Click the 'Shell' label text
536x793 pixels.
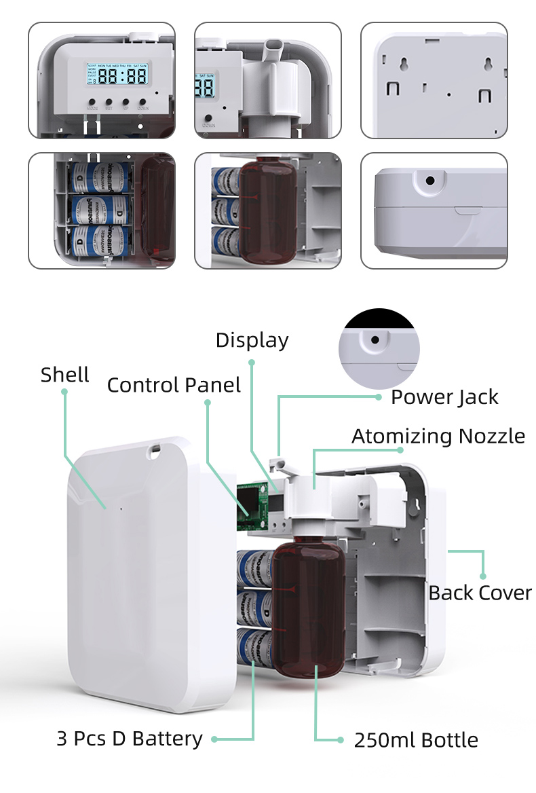point(64,375)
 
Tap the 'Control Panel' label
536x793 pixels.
point(174,386)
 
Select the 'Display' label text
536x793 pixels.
point(252,340)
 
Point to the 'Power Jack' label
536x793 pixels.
point(444,397)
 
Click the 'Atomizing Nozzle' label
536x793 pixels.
point(438,436)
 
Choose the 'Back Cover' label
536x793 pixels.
point(480,593)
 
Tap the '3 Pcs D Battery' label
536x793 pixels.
point(129,739)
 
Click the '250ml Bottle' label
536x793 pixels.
point(415,740)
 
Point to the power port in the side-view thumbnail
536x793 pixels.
point(429,181)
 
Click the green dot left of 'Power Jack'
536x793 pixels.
point(379,396)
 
